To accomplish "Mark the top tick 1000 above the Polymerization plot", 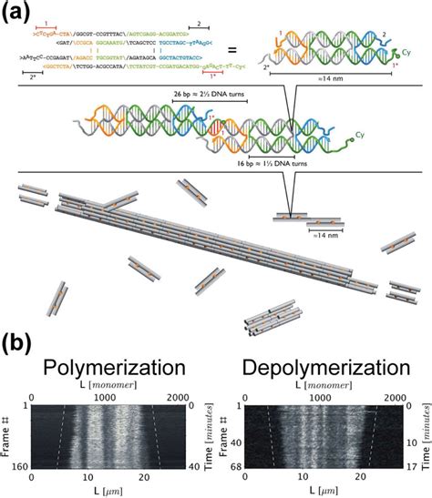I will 107,398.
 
